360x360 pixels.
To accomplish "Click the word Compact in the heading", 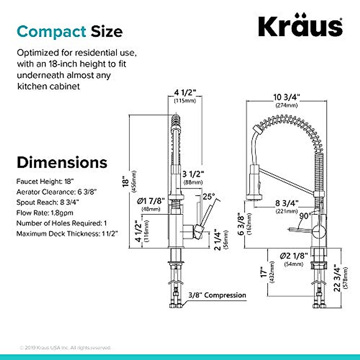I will click(x=51, y=32).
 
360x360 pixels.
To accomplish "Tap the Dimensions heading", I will click(x=62, y=162).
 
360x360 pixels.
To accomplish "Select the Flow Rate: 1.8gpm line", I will click(x=45, y=213).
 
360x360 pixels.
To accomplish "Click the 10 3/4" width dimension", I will click(x=286, y=97).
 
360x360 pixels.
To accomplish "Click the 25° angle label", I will click(x=209, y=197).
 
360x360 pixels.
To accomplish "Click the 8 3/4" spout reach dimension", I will click(x=287, y=203).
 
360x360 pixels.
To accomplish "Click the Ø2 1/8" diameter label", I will click(x=294, y=256).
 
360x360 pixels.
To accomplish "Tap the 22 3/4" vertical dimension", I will click(x=337, y=279).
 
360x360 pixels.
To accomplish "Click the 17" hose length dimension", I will click(x=263, y=273).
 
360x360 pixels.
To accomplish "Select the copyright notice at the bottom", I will click(x=65, y=348).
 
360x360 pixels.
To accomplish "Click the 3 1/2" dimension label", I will click(x=193, y=174).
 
